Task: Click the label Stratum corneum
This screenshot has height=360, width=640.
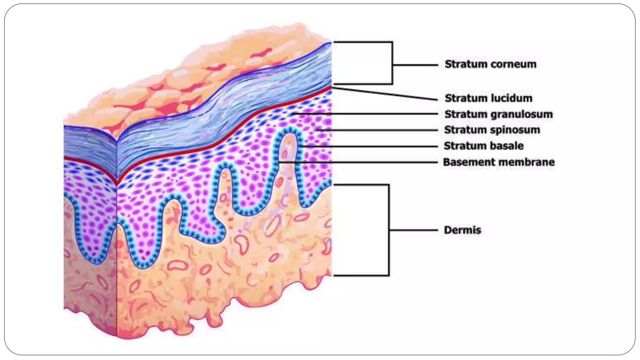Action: [490, 64]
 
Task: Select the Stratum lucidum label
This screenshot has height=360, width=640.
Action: [488, 98]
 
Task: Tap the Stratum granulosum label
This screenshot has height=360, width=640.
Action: [498, 114]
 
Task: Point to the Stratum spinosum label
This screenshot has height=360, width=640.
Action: [492, 130]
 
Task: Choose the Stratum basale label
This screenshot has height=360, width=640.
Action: [483, 146]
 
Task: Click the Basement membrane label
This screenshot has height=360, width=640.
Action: [499, 162]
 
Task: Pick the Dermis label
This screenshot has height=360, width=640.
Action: [462, 230]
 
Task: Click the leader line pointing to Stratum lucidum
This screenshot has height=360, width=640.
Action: [386, 94]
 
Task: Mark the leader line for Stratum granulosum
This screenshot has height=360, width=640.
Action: [366, 114]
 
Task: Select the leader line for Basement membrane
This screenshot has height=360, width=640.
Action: [359, 162]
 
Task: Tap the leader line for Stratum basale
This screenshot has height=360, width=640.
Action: [369, 146]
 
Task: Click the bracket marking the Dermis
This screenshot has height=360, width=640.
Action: [389, 230]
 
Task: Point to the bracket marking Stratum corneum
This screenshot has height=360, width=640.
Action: [392, 64]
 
